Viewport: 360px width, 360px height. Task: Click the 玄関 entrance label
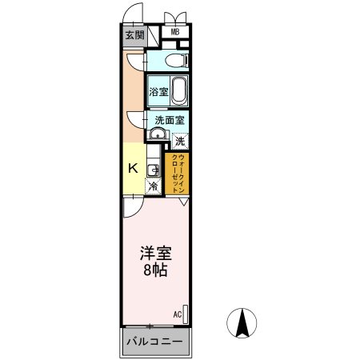[x=134, y=35]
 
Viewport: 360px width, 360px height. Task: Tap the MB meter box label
[x=175, y=32]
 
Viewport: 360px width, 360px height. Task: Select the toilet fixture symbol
[x=177, y=60]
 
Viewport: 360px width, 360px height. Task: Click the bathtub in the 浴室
[x=178, y=91]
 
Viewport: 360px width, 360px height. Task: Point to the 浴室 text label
[x=158, y=92]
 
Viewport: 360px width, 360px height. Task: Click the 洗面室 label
[x=170, y=120]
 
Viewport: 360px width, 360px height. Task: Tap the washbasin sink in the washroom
[x=158, y=134]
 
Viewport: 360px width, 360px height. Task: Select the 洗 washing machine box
[x=180, y=141]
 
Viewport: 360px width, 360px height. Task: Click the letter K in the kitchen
[x=134, y=168]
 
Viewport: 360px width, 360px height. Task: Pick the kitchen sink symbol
[x=153, y=170]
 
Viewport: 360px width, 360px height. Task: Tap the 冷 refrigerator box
[x=154, y=186]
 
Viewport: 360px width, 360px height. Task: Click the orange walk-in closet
[x=177, y=174]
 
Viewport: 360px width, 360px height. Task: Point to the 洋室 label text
[x=156, y=253]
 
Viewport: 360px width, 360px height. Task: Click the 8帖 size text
[x=156, y=270]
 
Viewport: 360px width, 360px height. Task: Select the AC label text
[x=178, y=314]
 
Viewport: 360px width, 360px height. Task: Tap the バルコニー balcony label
[x=155, y=342]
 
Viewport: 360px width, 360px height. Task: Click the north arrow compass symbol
[x=242, y=323]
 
